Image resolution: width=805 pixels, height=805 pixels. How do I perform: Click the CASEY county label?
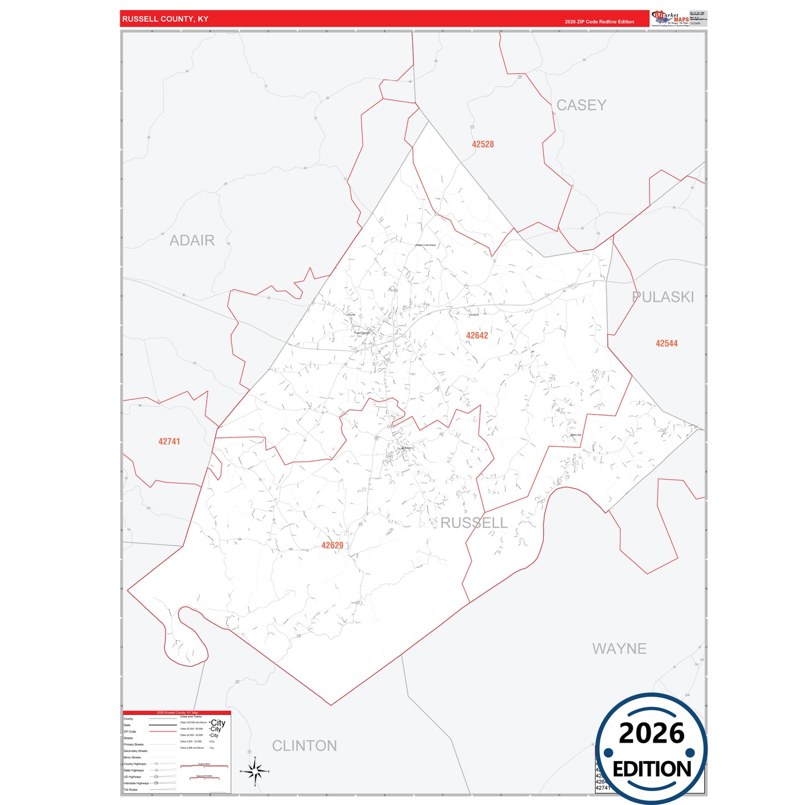581,105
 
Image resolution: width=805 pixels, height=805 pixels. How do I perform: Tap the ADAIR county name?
192,241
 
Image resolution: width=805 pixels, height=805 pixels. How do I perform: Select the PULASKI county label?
663,297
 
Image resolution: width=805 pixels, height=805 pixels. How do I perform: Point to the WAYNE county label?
619,649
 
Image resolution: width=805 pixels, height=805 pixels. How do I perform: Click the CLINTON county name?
304,746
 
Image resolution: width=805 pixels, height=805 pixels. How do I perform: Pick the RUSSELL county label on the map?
474,523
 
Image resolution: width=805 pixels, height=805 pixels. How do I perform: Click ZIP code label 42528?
482,144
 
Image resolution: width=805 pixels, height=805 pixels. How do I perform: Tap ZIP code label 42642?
477,335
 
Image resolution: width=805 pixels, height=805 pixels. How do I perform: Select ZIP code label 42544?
666,344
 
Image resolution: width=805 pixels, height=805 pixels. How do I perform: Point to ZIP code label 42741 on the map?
169,442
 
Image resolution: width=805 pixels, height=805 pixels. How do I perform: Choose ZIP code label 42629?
332,546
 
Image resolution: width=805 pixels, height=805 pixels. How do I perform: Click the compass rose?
255,772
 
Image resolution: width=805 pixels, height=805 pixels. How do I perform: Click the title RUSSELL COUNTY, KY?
165,19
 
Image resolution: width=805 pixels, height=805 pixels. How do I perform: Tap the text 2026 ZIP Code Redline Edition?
599,22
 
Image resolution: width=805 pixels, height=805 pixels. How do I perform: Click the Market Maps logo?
670,18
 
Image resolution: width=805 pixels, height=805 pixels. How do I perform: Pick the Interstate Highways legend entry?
136,783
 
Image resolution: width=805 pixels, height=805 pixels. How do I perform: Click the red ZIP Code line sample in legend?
163,731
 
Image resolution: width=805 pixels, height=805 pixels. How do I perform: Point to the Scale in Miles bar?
204,767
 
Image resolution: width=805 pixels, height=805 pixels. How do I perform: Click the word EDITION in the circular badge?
652,769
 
